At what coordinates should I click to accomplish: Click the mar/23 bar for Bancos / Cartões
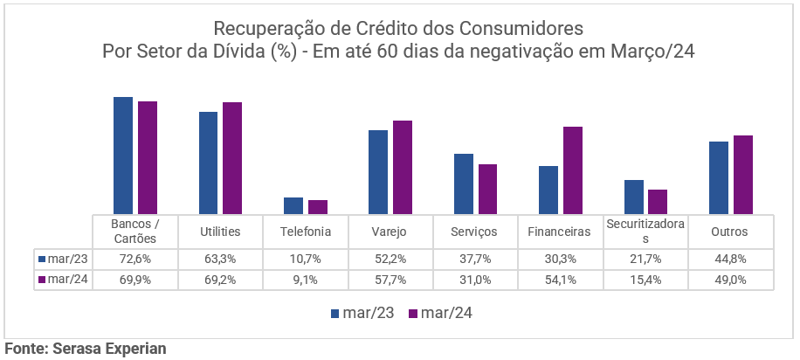(x=123, y=156)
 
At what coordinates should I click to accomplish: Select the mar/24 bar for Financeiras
(x=572, y=170)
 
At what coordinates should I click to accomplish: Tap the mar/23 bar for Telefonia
(x=293, y=205)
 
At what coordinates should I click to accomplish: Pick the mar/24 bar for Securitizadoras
(x=658, y=202)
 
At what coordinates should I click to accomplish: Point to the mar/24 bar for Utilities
(x=231, y=158)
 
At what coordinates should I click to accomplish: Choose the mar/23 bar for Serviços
(x=464, y=183)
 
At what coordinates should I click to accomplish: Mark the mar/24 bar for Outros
(x=742, y=175)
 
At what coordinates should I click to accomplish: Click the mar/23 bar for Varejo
(x=378, y=172)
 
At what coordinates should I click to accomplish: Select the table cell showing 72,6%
(x=134, y=259)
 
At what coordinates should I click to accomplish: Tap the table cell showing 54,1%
(x=560, y=280)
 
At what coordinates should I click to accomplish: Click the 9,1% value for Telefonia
(x=305, y=280)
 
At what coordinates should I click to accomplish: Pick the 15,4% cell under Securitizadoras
(x=645, y=280)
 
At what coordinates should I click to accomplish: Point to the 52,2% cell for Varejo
(x=390, y=259)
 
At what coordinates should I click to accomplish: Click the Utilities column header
(x=219, y=232)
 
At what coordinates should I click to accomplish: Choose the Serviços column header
(x=474, y=232)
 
